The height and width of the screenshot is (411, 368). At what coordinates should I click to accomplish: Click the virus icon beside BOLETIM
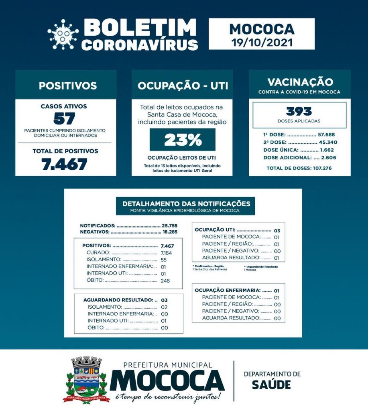click(x=63, y=34)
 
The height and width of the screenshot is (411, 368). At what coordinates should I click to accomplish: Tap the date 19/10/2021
click(x=262, y=41)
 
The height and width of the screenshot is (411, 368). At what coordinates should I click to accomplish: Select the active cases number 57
click(x=64, y=118)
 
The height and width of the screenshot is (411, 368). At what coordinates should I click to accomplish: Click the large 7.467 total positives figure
click(x=65, y=164)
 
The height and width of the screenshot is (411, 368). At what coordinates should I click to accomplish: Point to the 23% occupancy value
click(x=182, y=140)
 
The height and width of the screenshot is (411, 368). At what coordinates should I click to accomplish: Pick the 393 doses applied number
click(x=299, y=111)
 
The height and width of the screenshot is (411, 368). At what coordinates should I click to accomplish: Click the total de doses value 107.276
click(x=323, y=168)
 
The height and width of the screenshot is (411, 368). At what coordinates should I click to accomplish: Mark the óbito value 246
click(x=165, y=280)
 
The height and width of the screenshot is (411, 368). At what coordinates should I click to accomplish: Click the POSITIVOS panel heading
click(x=67, y=85)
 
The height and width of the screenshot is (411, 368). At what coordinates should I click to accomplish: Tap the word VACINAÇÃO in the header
click(x=300, y=82)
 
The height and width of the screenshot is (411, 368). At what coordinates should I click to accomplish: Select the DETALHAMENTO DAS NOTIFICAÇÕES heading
click(x=186, y=203)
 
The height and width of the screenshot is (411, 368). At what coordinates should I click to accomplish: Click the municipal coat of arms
click(x=86, y=379)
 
